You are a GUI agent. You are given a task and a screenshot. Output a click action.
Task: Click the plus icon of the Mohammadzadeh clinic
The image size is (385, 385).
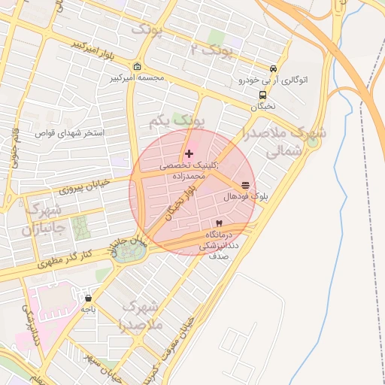tap(189, 153)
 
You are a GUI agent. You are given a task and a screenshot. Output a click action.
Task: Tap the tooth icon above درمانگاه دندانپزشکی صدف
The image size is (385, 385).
tap(219, 223)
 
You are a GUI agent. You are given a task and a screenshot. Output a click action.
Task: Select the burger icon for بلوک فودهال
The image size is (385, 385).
tap(245, 185)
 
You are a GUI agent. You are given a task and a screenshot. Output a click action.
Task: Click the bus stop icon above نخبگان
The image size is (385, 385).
tap(262, 95)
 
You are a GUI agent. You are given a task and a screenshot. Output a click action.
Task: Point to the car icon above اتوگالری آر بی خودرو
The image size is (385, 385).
tap(273, 68)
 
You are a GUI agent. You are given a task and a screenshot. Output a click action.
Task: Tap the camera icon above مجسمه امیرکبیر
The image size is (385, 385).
tap(136, 66)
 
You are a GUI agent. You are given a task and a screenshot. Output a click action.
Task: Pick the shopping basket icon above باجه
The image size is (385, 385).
tap(89, 298)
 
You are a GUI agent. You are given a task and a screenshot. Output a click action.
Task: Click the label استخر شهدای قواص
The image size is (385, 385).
tap(68, 133)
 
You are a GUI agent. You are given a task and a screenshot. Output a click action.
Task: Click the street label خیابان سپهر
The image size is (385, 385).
tap(103, 362)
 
